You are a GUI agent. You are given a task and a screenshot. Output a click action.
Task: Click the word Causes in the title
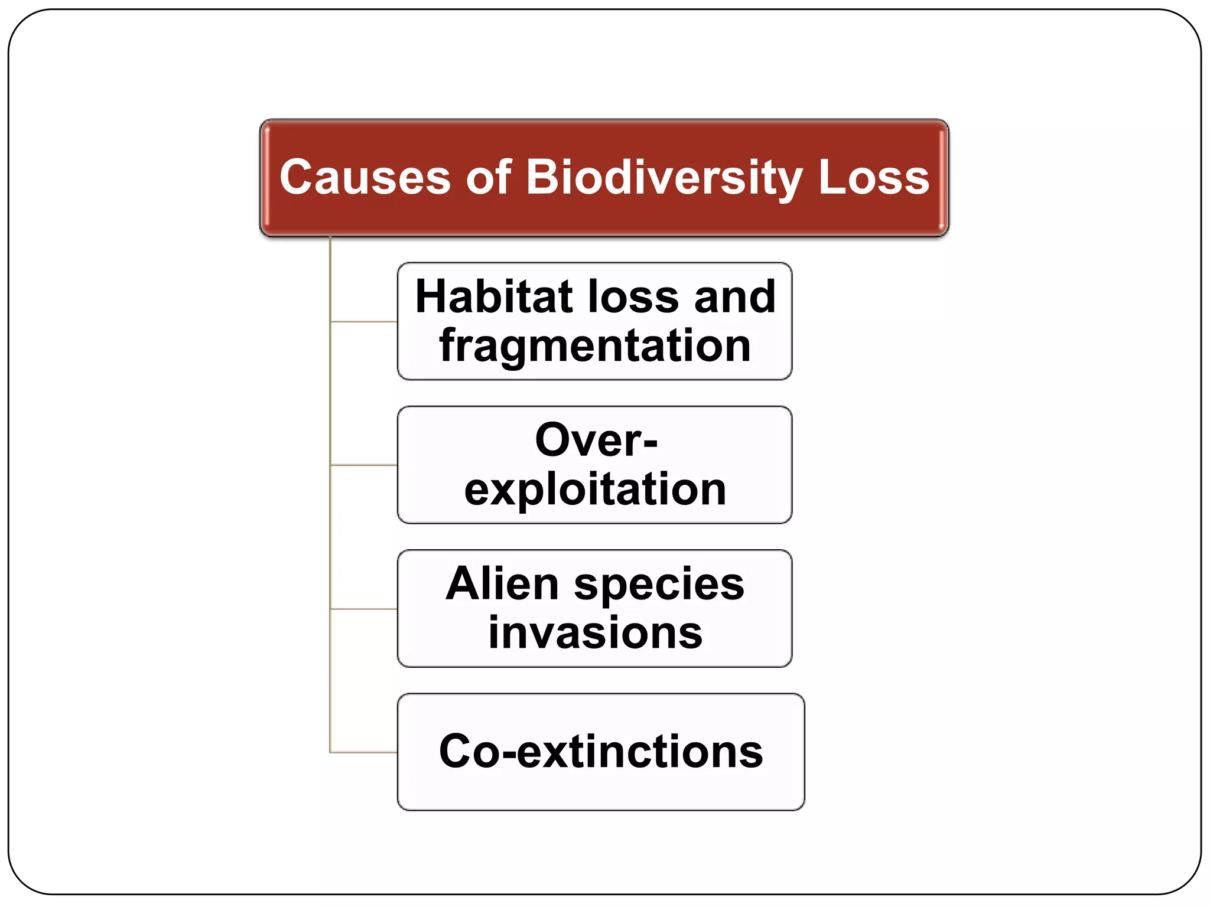[365, 177]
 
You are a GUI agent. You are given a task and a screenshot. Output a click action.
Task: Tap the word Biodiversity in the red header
[664, 177]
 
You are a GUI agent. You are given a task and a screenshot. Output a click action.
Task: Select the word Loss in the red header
[873, 177]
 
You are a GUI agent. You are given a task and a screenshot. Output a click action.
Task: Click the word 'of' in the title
[488, 177]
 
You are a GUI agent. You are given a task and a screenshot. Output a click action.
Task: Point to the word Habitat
[494, 296]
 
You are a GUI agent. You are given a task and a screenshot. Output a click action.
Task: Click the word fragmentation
[595, 345]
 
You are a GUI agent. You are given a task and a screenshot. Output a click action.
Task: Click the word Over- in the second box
[596, 440]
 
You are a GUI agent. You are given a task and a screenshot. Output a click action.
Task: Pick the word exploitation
[595, 490]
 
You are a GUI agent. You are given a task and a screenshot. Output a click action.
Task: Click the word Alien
[502, 584]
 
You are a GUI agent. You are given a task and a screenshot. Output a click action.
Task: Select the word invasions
[595, 633]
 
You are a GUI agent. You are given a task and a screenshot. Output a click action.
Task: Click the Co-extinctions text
[601, 752]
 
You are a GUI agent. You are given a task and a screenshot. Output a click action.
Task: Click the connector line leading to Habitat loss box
[363, 322]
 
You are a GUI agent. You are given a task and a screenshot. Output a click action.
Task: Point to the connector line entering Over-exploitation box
[363, 465]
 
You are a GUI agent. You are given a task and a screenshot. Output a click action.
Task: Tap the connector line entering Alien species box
[363, 609]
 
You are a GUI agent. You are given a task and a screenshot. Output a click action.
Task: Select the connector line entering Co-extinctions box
[363, 752]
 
